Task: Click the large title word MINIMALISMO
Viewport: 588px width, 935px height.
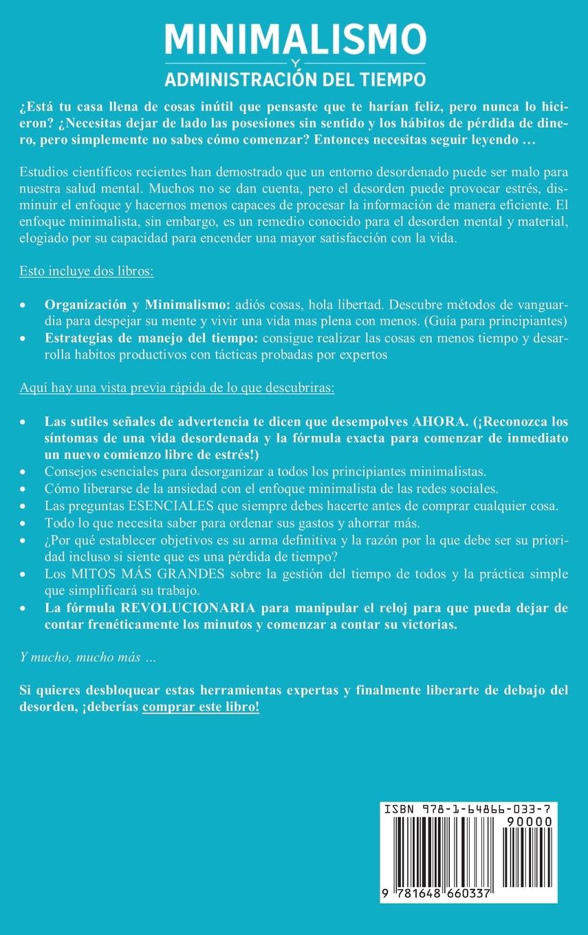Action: point(295,40)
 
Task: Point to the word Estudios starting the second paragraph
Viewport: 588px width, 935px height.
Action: point(41,173)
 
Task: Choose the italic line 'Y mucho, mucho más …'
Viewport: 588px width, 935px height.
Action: point(87,658)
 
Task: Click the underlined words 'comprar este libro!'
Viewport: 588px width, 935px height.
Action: point(201,707)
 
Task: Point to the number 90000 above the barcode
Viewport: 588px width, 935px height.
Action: point(527,822)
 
